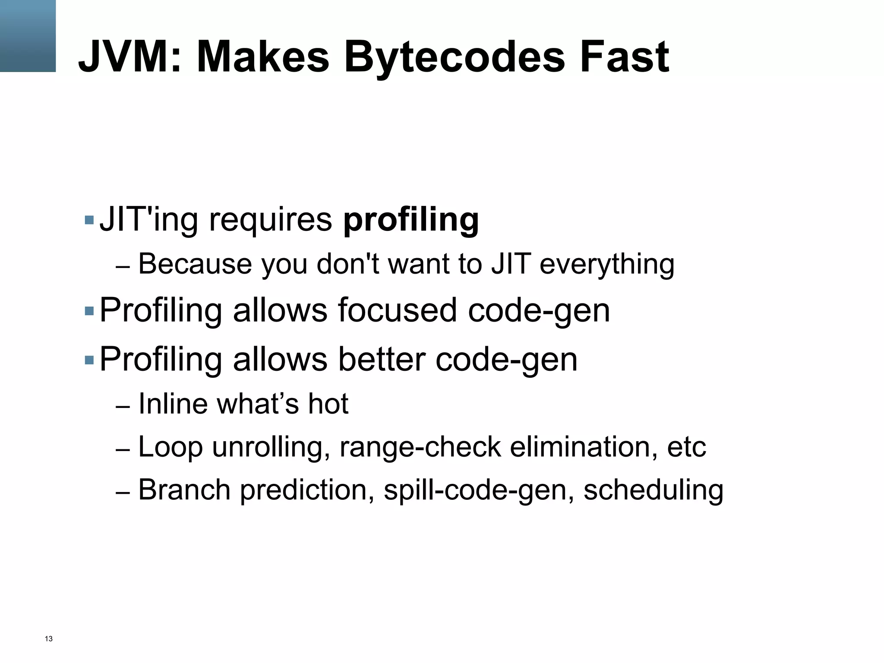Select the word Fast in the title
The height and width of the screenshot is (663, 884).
pyautogui.click(x=624, y=57)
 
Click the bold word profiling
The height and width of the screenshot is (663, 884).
pyautogui.click(x=410, y=220)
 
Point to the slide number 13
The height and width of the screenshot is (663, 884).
pyautogui.click(x=49, y=639)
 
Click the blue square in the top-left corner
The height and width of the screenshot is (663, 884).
pyautogui.click(x=28, y=36)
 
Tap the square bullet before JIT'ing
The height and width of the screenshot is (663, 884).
pyautogui.click(x=89, y=220)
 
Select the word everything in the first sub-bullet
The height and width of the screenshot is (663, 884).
pyautogui.click(x=606, y=264)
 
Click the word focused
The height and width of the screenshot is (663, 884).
pyautogui.click(x=397, y=310)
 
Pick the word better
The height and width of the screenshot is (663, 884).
pyautogui.click(x=382, y=359)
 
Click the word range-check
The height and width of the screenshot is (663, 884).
pyautogui.click(x=420, y=447)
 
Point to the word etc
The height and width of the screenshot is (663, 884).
pyautogui.click(x=686, y=447)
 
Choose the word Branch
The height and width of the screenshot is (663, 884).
pyautogui.click(x=184, y=490)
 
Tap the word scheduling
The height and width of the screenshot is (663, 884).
pyautogui.click(x=653, y=490)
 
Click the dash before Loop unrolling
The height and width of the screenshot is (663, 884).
pyautogui.click(x=123, y=450)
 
